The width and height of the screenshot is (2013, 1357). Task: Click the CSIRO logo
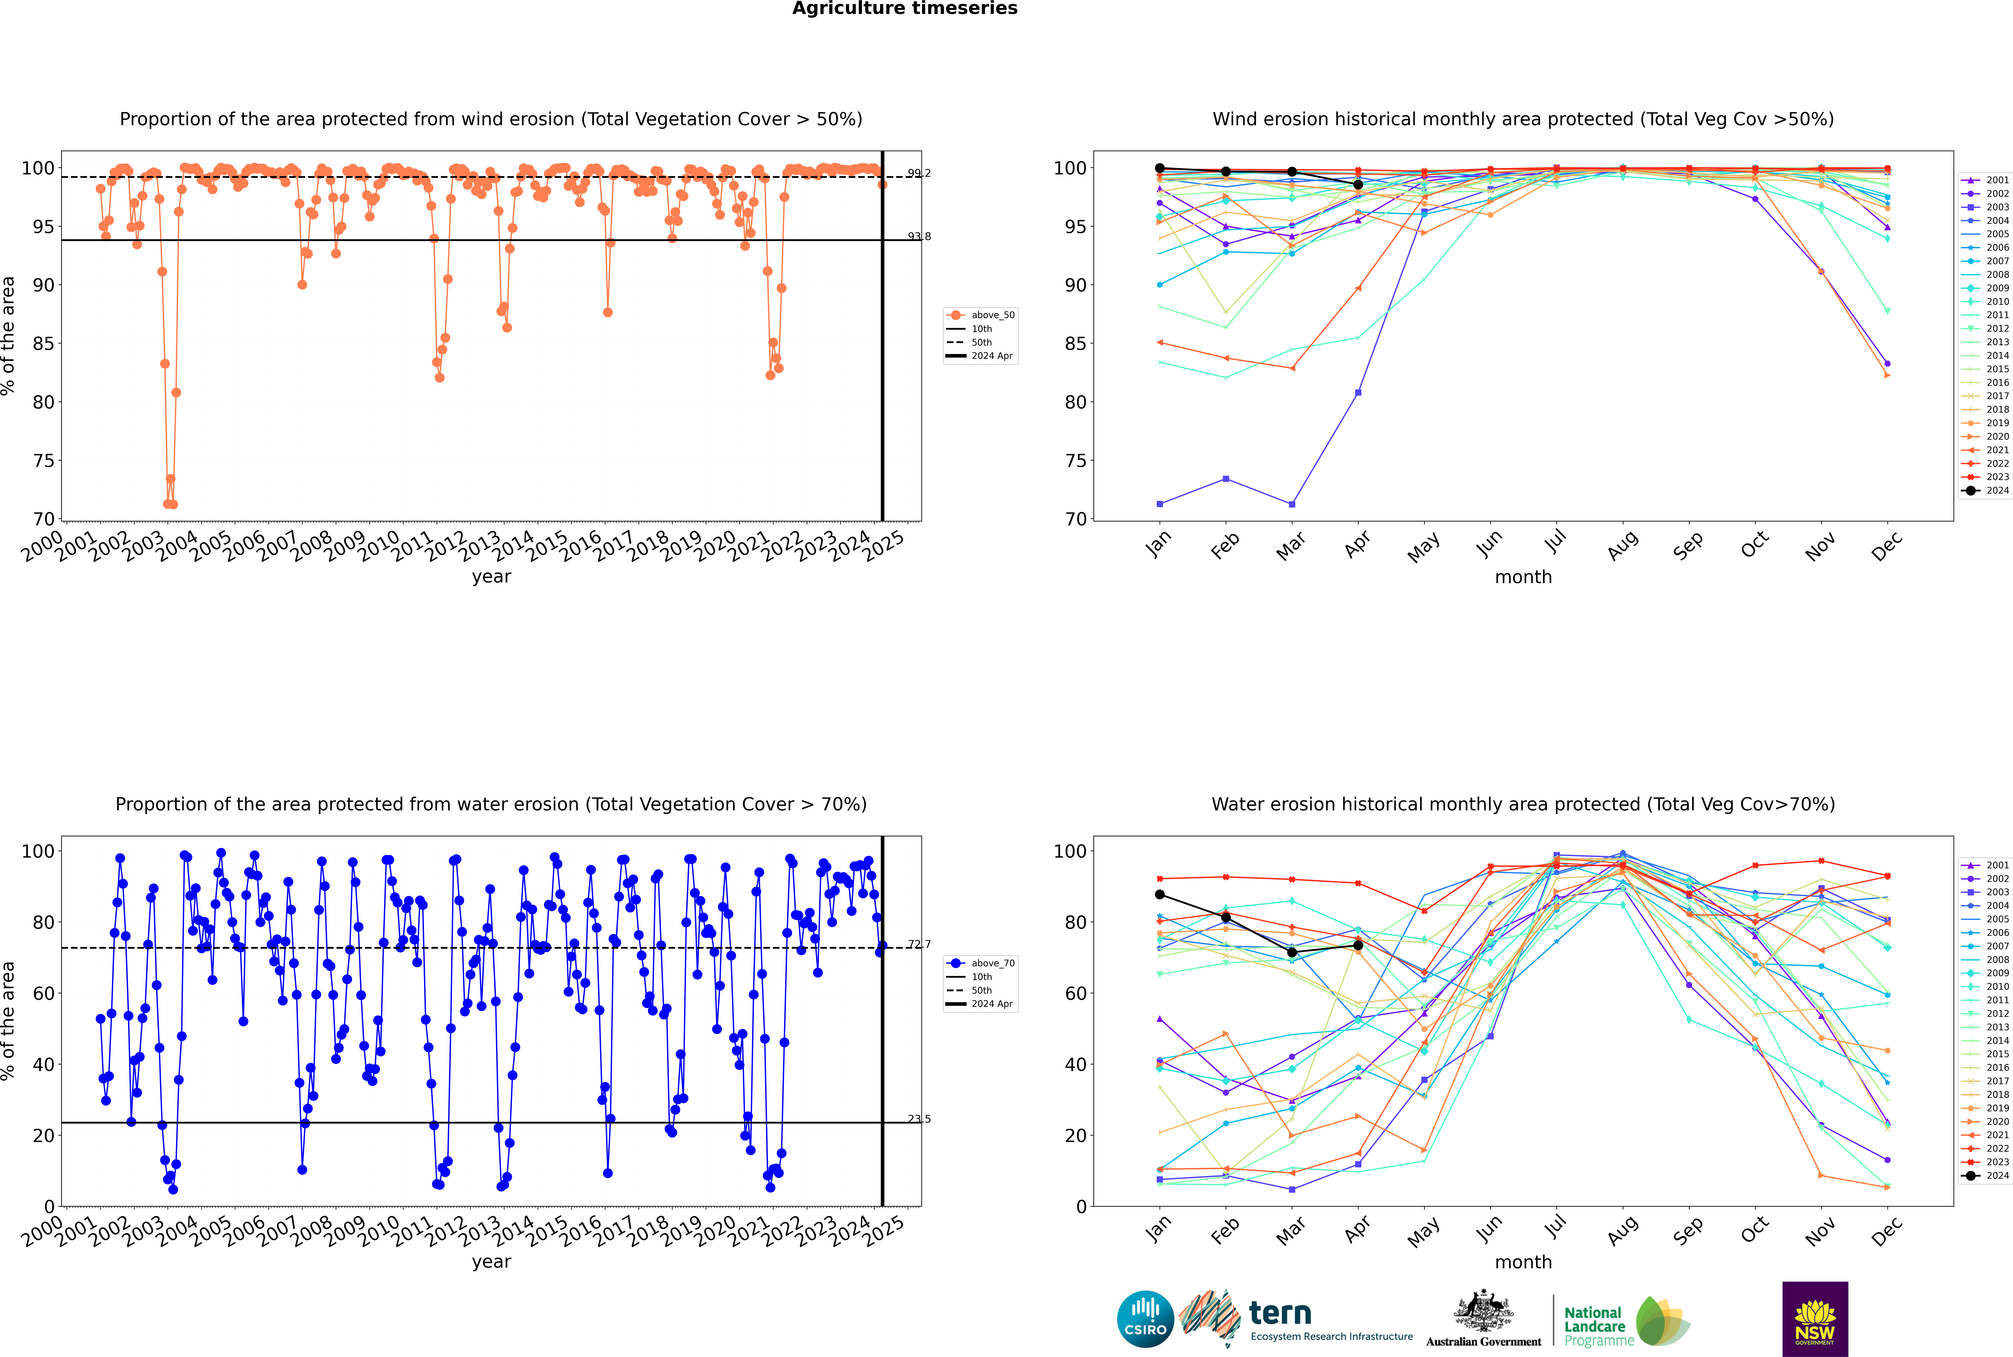[1145, 1319]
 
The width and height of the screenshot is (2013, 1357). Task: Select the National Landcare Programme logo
[1625, 1322]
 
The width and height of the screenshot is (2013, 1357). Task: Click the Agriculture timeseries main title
[904, 9]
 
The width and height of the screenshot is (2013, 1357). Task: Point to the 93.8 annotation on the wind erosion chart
[919, 236]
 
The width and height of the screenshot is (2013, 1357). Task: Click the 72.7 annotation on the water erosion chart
[919, 944]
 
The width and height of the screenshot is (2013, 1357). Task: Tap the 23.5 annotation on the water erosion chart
[919, 1119]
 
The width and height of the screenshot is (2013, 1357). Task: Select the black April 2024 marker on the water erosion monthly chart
[1358, 945]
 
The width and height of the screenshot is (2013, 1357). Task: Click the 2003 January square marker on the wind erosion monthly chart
[1160, 504]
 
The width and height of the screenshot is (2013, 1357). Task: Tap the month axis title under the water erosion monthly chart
[1523, 1262]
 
